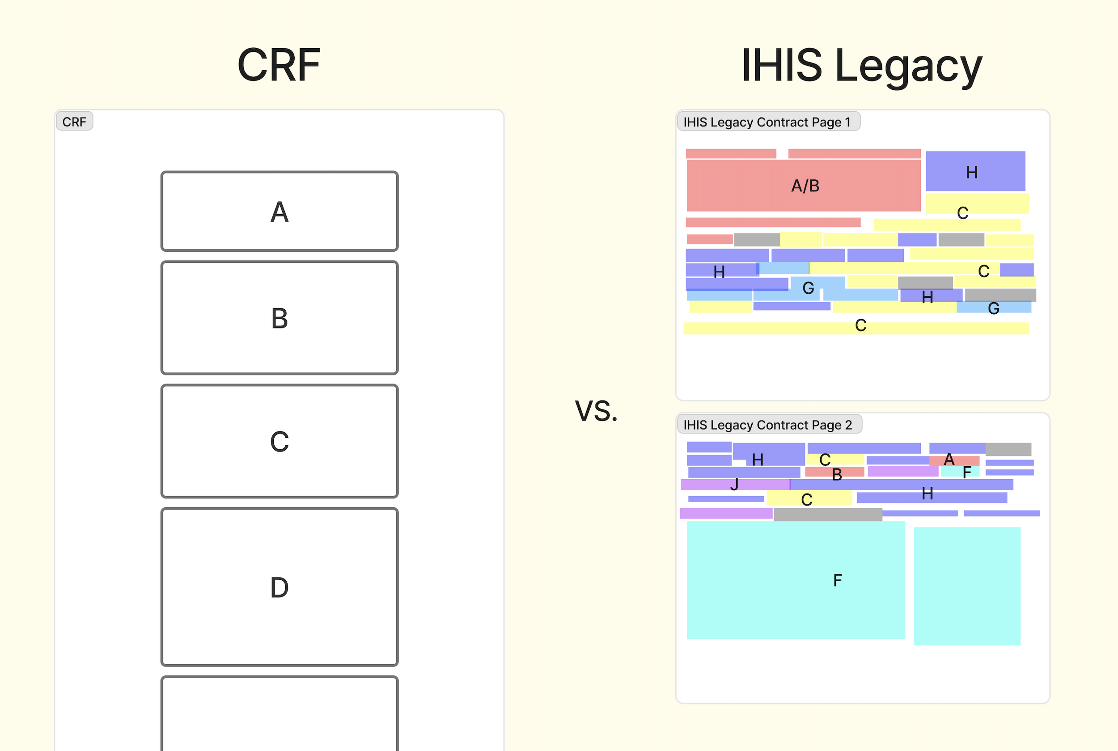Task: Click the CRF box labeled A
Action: point(279,211)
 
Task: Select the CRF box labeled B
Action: point(279,317)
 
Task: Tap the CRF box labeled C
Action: point(279,441)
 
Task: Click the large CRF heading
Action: point(279,65)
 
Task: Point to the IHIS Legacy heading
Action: point(861,65)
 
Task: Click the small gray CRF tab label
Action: point(74,122)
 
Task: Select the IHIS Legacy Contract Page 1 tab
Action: point(767,122)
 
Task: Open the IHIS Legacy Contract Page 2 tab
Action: point(768,424)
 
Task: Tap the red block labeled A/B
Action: point(805,186)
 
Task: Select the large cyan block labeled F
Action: point(795,581)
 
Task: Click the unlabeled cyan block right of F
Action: point(967,586)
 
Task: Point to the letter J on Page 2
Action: point(734,485)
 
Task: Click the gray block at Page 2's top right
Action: point(1008,449)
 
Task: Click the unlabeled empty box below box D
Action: point(279,713)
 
